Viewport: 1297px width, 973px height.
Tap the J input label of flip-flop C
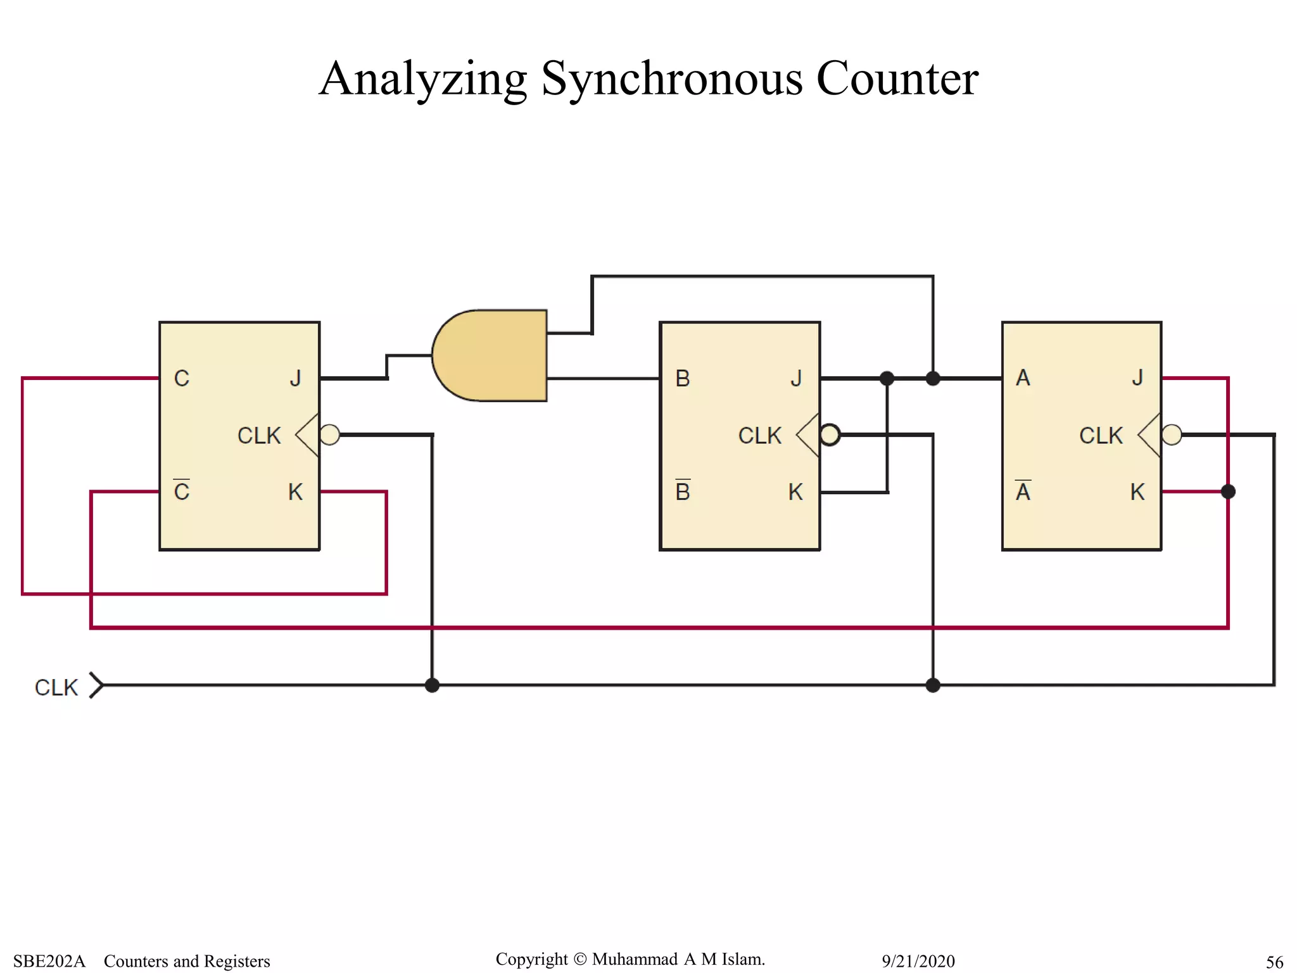click(295, 378)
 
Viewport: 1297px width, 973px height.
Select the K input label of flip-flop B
click(795, 492)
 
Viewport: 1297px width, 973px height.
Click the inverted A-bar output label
click(1023, 492)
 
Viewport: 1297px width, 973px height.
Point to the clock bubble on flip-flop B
click(830, 435)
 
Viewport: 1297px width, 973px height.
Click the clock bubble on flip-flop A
click(1172, 435)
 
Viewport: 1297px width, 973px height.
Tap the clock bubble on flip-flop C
click(329, 435)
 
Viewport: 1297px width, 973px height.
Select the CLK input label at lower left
click(56, 687)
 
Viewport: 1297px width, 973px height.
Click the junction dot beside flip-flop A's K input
click(1228, 492)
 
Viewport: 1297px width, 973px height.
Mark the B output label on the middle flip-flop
click(682, 378)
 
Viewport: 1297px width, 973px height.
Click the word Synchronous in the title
click(671, 79)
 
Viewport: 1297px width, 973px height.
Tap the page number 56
click(1274, 962)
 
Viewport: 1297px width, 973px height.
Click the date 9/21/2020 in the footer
click(918, 962)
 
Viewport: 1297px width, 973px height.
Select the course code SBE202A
click(49, 962)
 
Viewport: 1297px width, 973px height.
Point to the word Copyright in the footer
click(531, 959)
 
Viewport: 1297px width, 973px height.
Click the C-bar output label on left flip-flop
click(182, 492)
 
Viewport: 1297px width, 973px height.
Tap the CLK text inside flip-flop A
click(1101, 436)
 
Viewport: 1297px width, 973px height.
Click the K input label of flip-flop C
click(295, 492)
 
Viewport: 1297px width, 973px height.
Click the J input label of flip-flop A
click(1137, 378)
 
